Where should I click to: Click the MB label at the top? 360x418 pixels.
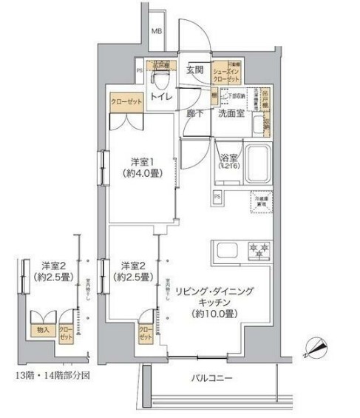[x=157, y=31]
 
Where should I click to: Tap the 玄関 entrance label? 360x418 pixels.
[x=194, y=70]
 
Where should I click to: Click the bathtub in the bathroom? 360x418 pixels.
[x=258, y=162]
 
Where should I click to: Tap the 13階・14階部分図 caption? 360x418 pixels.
[x=50, y=375]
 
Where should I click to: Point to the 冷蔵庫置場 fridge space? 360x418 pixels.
[x=262, y=202]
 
